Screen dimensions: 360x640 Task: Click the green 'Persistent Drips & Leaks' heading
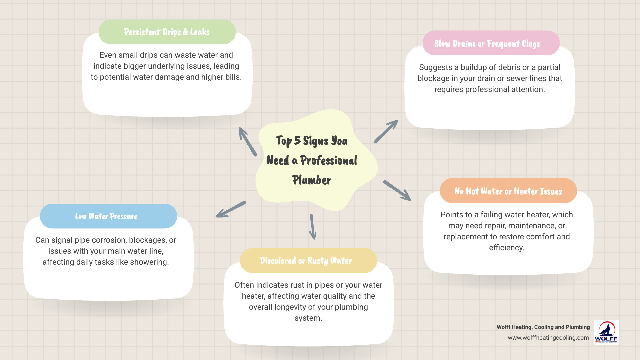tap(167, 32)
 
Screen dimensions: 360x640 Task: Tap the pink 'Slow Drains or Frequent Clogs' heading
tap(487, 44)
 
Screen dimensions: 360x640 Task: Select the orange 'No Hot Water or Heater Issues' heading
tap(508, 191)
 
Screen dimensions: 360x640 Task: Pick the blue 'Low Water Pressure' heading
tap(106, 216)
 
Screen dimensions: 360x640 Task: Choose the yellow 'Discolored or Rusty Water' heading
tap(306, 261)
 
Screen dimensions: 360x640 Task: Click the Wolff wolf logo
tap(606, 332)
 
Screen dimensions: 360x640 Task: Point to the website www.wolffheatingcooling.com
tap(548, 338)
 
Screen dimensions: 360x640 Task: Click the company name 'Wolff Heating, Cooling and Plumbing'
tap(543, 327)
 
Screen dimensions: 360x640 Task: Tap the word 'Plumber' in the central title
tap(312, 180)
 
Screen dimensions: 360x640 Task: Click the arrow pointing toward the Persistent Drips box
tap(248, 141)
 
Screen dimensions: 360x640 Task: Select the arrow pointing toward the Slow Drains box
tap(386, 131)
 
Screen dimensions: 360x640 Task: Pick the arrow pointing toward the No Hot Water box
tap(397, 190)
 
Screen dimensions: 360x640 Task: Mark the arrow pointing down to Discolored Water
tap(313, 227)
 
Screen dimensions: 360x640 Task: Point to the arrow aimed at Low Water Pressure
tap(231, 209)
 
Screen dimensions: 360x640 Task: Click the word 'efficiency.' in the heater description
tap(506, 248)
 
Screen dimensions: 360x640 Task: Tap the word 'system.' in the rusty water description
tap(308, 318)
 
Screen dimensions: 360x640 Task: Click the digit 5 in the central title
tap(297, 140)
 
